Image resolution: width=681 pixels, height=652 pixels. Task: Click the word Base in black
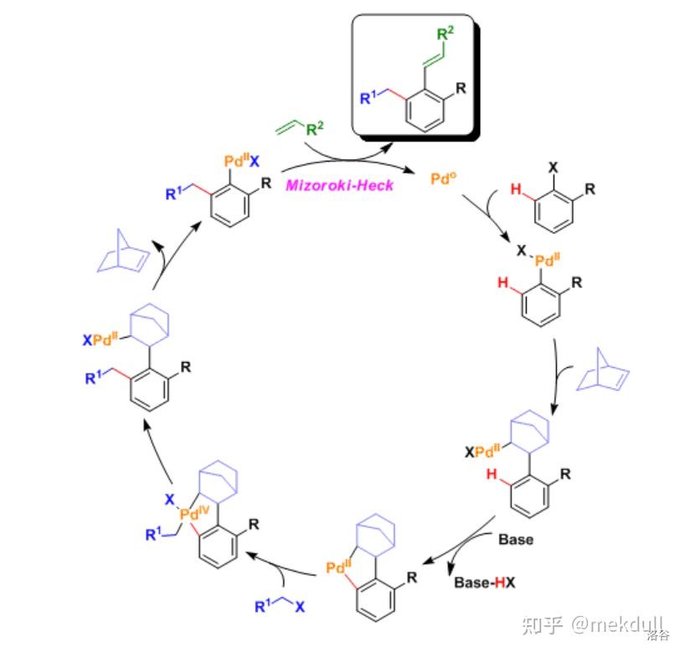coord(515,539)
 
